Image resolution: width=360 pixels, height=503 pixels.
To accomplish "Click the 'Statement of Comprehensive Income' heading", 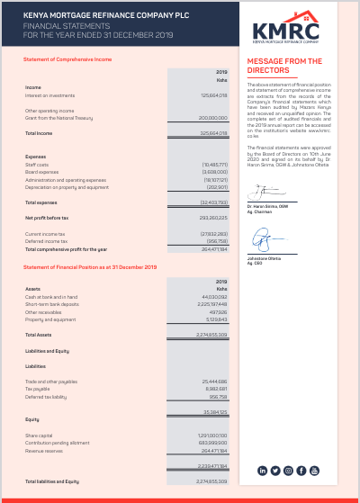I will point(67,58).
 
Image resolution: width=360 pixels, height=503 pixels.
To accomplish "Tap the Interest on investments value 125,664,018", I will point(213,94).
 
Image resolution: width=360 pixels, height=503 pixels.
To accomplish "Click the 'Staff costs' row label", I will point(37,165).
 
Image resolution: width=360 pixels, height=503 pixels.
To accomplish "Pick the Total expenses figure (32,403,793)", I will point(213,202).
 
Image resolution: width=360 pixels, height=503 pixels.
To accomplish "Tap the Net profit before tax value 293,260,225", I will point(213,218).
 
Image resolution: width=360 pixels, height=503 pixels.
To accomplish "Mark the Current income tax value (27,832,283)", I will point(213,234).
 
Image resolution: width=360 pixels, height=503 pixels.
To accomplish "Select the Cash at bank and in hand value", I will point(215,297).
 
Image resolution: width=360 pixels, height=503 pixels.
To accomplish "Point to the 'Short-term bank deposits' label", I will point(51,304).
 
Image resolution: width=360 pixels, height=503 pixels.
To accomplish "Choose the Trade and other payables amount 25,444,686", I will point(214,382).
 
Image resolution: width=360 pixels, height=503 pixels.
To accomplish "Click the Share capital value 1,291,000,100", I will point(213,436).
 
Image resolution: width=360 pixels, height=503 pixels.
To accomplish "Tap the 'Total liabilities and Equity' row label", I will point(52,481).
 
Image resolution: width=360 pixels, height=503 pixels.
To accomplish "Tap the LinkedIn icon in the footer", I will point(263,471).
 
